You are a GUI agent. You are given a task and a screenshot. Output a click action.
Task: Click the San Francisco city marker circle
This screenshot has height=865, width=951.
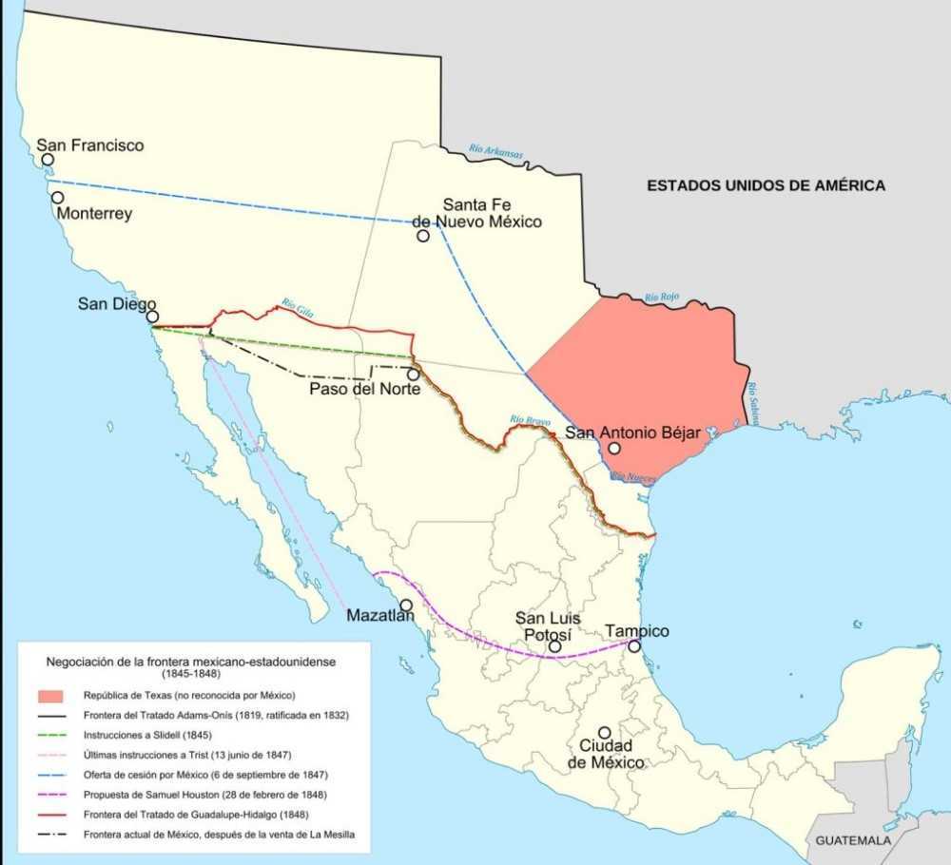(x=48, y=160)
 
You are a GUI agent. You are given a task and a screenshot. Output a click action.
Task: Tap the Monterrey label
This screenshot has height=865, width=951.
(x=94, y=214)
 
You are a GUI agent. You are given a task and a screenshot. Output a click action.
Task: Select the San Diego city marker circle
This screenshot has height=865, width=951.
(x=152, y=317)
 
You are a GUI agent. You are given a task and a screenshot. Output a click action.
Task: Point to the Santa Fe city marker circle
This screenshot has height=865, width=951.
(x=422, y=235)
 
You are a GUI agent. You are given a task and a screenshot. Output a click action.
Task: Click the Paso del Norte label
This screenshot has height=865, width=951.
(x=364, y=388)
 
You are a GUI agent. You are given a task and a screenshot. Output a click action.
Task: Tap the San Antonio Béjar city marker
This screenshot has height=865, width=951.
(x=615, y=448)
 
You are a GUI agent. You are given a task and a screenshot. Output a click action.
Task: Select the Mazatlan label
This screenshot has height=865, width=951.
(x=380, y=616)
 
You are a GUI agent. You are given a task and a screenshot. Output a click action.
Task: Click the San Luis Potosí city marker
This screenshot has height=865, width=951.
(x=554, y=647)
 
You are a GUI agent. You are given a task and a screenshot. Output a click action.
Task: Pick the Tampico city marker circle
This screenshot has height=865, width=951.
(x=634, y=646)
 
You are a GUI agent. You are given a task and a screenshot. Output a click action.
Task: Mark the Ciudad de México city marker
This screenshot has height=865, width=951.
(x=604, y=733)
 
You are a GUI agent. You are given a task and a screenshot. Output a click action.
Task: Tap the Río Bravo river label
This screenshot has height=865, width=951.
(x=530, y=419)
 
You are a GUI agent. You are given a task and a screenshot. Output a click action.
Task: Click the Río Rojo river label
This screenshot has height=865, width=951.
(x=663, y=298)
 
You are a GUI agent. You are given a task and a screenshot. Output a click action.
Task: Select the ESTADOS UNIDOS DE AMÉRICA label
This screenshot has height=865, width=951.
(x=766, y=185)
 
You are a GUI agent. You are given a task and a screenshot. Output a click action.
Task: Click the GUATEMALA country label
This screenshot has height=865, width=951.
(x=853, y=841)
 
